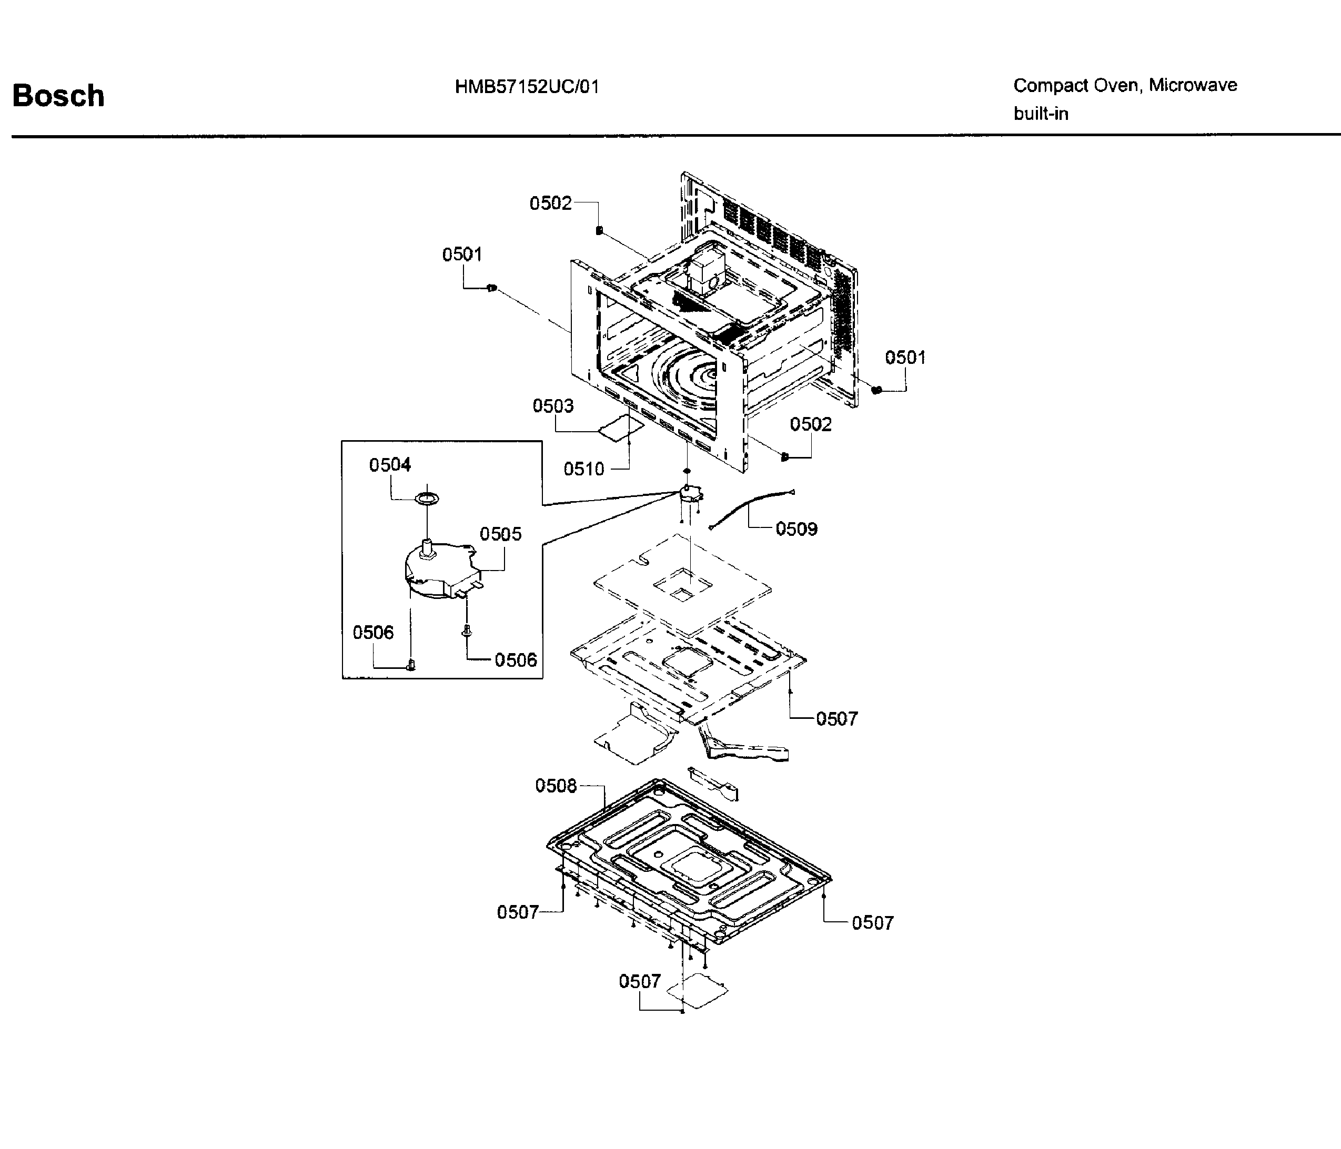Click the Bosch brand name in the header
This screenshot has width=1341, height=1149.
point(58,96)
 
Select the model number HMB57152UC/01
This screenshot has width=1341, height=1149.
point(527,87)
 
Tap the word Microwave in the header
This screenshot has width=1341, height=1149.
point(1193,85)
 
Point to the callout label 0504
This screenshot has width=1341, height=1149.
point(390,464)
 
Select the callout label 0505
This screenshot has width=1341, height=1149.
point(500,534)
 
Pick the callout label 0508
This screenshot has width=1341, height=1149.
point(556,786)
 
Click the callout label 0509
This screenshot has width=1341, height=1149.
point(796,528)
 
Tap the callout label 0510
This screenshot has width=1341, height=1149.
point(584,469)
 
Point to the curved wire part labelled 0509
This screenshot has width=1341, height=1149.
point(751,509)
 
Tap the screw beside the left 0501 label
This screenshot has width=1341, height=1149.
point(491,287)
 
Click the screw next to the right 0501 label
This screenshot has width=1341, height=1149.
point(877,390)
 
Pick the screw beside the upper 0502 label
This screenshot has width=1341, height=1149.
point(599,230)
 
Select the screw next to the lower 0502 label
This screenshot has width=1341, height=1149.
point(785,457)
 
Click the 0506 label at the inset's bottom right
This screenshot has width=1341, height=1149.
point(516,660)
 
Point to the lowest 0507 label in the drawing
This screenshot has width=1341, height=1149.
point(639,981)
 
